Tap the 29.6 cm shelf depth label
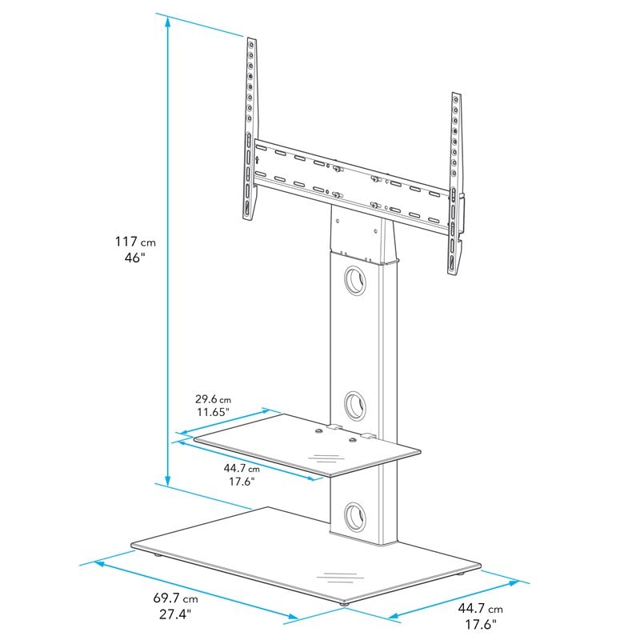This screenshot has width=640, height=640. coord(212,398)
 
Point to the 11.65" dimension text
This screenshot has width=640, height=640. coord(212,412)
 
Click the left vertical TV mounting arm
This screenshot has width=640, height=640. coord(252,128)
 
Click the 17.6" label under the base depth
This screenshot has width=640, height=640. coord(482,625)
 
